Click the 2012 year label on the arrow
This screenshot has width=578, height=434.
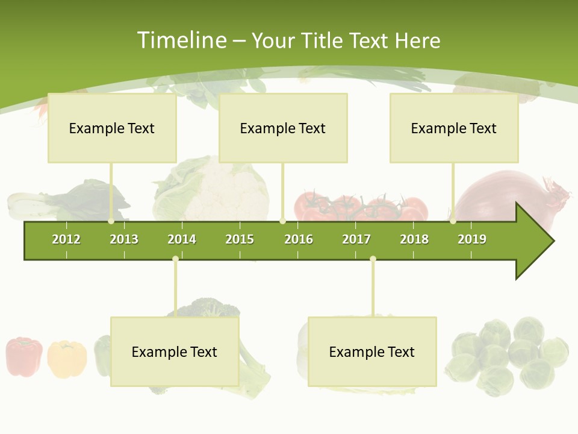pos(66,239)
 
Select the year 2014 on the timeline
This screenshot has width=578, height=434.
pos(182,239)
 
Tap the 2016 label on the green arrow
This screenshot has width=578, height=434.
pos(299,239)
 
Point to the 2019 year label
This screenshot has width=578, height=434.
pos(472,239)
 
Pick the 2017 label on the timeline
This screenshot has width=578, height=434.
pos(356,239)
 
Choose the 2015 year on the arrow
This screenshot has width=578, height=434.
pos(240,239)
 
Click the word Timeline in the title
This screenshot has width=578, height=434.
pos(181,40)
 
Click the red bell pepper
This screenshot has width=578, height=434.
pos(24,356)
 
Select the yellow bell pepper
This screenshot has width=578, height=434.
pos(66,359)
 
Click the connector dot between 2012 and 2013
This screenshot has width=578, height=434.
pos(111,221)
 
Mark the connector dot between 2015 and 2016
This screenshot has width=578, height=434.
pos(282,221)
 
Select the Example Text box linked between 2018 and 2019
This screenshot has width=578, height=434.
pos(454,128)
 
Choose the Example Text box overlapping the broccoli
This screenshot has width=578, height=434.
pos(175,351)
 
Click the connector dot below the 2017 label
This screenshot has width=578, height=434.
pos(373,259)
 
